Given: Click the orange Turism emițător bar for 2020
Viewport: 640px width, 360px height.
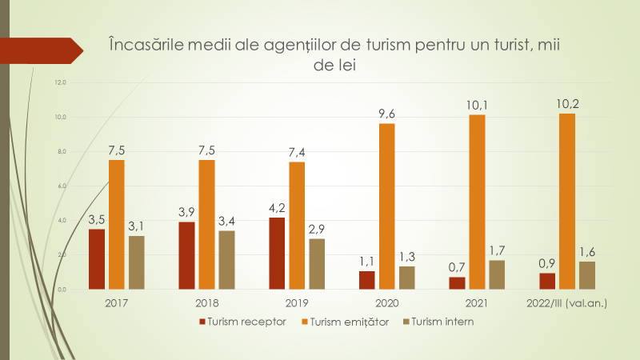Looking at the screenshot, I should click(x=387, y=206).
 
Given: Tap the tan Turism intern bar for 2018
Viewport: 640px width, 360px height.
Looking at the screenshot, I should click(x=226, y=259).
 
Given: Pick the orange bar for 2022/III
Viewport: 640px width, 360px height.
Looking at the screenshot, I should click(x=567, y=200).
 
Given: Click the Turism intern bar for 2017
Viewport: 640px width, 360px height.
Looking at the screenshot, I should click(x=137, y=262).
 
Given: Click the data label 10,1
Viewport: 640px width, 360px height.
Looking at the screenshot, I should click(x=477, y=103).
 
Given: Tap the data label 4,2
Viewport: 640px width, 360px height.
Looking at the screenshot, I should click(x=277, y=206).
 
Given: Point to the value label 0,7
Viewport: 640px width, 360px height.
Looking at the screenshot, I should click(x=457, y=266).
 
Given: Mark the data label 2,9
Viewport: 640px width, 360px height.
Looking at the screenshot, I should click(x=317, y=228).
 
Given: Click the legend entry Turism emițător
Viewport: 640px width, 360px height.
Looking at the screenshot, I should click(x=348, y=322).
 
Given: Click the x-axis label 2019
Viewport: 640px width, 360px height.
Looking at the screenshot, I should click(x=297, y=304).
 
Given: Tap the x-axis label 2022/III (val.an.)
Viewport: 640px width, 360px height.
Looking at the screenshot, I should click(x=567, y=304).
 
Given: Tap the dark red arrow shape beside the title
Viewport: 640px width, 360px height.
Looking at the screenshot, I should click(x=40, y=50).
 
